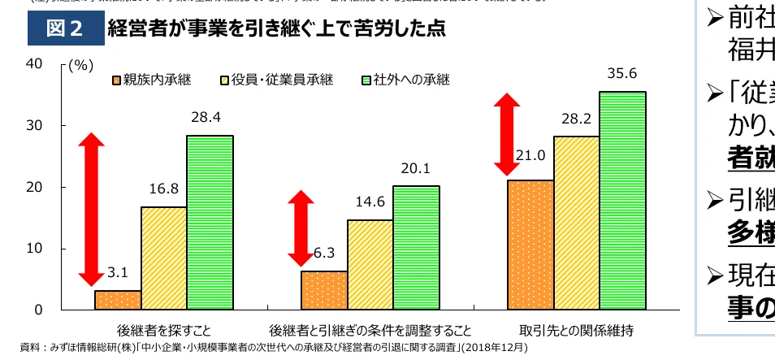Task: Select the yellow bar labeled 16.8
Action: point(163,258)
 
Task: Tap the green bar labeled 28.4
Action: point(210,223)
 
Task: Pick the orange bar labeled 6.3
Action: point(324,290)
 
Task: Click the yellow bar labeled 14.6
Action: point(370,265)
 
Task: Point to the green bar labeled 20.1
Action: point(416,248)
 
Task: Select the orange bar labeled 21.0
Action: point(530,245)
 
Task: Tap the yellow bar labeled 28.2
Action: point(576,223)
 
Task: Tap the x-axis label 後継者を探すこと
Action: point(163,331)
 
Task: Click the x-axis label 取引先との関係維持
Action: point(576,331)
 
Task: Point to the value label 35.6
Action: point(621,74)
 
